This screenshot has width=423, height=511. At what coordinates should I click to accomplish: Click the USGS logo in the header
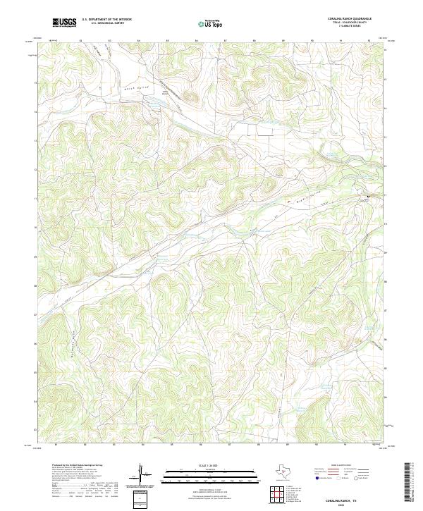65,23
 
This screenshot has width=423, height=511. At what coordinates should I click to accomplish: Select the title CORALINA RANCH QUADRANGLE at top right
348,19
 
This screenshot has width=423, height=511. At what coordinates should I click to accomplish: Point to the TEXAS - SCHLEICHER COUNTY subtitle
348,23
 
